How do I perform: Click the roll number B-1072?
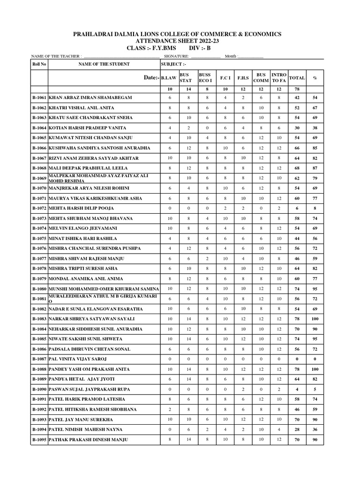click(39, 208)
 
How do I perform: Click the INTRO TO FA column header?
click(279, 78)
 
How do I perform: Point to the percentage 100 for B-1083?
click(315, 319)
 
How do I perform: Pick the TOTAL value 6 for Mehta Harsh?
click(297, 208)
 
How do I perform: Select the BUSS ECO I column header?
click(205, 78)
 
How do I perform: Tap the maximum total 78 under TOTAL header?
click(297, 89)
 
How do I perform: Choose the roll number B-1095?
click(39, 440)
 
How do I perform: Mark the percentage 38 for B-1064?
click(315, 127)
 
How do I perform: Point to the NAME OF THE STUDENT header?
click(104, 64)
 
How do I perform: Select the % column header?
click(315, 78)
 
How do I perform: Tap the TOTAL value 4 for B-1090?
click(297, 390)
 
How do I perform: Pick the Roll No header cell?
click(39, 64)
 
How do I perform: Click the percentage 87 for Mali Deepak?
click(315, 168)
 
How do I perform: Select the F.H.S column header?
click(243, 78)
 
